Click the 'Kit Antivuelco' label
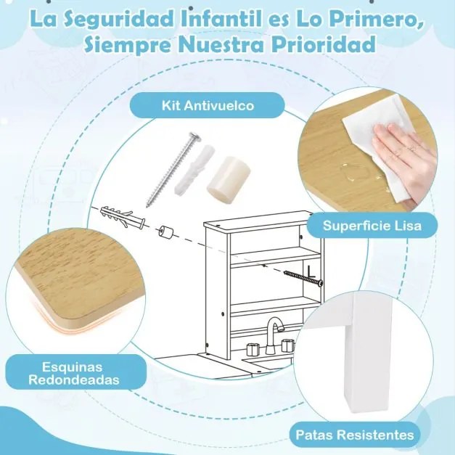pos(208,105)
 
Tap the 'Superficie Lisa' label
pos(372,226)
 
